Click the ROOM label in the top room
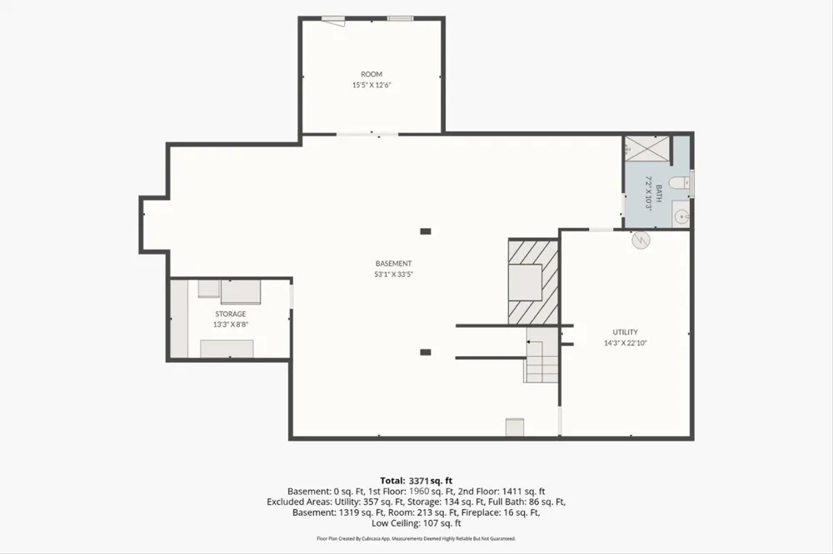coord(372,74)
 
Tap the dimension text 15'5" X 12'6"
coord(372,85)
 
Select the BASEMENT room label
coord(394,263)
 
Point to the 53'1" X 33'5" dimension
coord(394,275)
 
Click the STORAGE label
coord(231,314)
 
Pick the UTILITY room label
coord(626,332)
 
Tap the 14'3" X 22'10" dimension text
coord(626,344)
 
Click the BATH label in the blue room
coord(659,193)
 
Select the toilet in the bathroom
coord(678,183)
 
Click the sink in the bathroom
coord(681,216)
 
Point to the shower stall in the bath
coord(646,148)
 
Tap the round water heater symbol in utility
coord(641,240)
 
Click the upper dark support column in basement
coord(426,231)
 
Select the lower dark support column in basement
coord(426,353)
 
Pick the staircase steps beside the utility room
coord(542,355)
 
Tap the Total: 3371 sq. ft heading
coord(416,482)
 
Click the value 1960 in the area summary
coord(419,492)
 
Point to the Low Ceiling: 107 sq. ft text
coord(416,523)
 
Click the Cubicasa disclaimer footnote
coord(416,539)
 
